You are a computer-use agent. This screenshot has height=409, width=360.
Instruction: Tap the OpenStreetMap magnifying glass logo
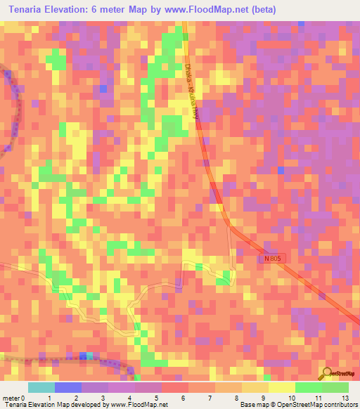point(325,374)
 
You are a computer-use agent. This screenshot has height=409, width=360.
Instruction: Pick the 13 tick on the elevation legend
point(345,398)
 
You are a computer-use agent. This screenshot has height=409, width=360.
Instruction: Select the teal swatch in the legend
point(41,387)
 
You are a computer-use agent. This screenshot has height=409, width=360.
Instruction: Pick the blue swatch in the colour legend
point(67,387)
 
